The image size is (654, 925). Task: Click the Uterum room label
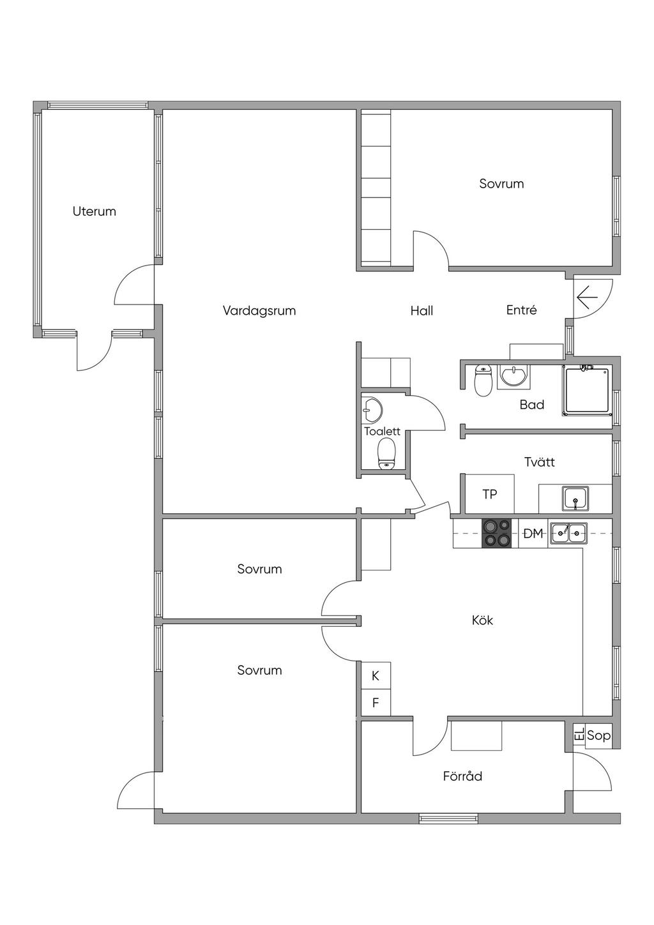[94, 211]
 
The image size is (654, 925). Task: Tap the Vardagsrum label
[259, 310]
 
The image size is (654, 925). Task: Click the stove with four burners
[497, 534]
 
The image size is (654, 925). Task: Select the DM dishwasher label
[533, 534]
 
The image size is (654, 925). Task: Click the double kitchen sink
[568, 534]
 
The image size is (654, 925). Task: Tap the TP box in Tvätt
[490, 493]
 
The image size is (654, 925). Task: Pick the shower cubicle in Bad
[587, 390]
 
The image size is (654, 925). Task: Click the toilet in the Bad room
[483, 380]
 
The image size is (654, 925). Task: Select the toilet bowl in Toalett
[386, 454]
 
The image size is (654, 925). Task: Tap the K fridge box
[376, 675]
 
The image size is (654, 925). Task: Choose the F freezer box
[376, 702]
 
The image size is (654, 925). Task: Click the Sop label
[598, 735]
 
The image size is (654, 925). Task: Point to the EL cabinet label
[579, 734]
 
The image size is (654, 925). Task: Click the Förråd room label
[462, 776]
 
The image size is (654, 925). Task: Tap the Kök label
[482, 620]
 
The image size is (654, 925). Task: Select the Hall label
[422, 310]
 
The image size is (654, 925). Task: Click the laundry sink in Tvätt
[575, 498]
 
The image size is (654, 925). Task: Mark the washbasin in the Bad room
[513, 377]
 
